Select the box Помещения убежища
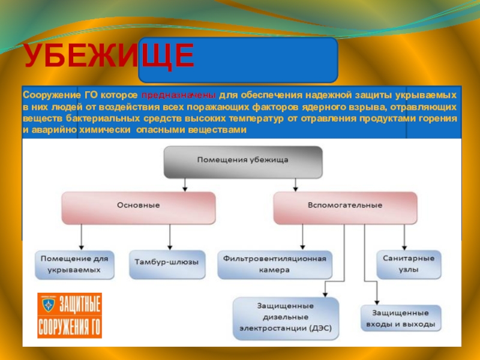tap(243, 161)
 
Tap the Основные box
tap(138, 206)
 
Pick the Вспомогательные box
tap(345, 206)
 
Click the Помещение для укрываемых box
tap(75, 265)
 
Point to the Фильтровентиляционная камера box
tap(274, 265)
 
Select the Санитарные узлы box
tap(408, 265)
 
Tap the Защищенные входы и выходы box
tap(401, 318)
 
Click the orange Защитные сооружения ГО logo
tap(69, 314)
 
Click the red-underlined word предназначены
tap(178, 96)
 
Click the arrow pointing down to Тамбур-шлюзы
tap(170, 240)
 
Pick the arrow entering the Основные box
tap(185, 185)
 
